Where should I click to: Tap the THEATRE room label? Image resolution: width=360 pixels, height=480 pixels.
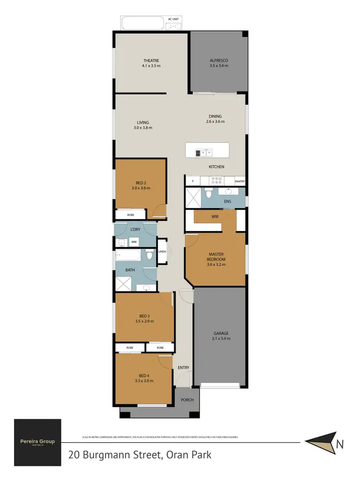(x=150, y=60)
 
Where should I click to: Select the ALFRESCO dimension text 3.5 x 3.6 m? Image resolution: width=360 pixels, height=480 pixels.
(x=218, y=66)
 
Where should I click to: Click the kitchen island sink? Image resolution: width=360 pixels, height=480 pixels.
(x=207, y=153)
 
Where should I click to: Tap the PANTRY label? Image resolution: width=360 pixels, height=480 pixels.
(x=240, y=181)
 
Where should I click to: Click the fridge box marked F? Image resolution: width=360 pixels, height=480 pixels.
(x=193, y=181)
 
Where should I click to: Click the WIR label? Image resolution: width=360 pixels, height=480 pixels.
(x=215, y=216)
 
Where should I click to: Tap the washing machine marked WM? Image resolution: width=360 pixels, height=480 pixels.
(x=134, y=242)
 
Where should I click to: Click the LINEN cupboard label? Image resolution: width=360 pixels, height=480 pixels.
(x=162, y=252)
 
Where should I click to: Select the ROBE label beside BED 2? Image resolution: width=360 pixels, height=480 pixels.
(x=131, y=215)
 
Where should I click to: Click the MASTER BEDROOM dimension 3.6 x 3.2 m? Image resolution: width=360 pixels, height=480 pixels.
(x=216, y=264)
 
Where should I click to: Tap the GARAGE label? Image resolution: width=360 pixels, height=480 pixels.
(x=221, y=333)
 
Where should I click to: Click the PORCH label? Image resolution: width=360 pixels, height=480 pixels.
(x=187, y=400)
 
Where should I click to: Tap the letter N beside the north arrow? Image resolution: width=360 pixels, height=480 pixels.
(x=340, y=444)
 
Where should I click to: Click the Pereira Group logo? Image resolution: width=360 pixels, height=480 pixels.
(x=37, y=442)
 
